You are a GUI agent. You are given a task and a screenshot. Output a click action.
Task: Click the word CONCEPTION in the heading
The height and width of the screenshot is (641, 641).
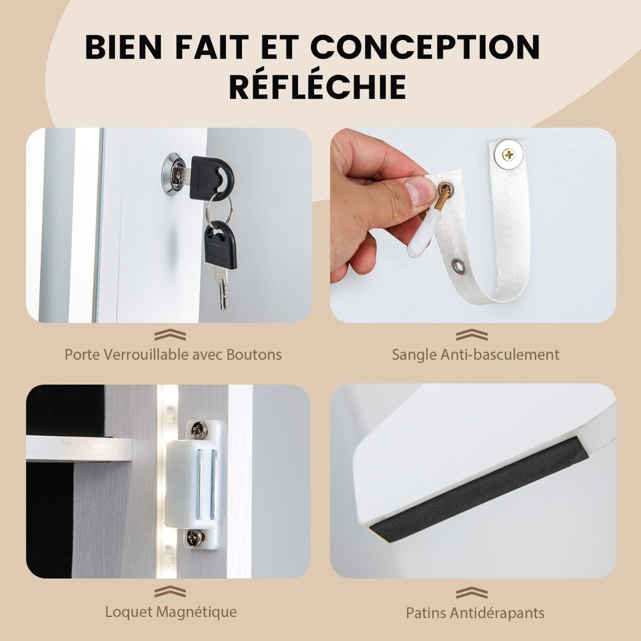(426, 48)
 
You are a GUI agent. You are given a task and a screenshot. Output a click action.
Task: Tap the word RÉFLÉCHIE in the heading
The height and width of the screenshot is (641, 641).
(318, 87)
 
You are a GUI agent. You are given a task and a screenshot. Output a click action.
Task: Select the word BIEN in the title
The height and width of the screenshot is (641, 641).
(128, 48)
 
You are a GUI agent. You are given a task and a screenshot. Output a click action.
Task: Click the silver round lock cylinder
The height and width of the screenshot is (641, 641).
(174, 174)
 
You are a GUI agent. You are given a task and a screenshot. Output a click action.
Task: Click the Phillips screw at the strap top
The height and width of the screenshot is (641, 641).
(509, 154)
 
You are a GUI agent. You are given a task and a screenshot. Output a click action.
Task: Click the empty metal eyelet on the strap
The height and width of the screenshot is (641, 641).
(458, 266)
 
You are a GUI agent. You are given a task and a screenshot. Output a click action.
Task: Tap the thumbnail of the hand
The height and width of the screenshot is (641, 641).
(418, 190)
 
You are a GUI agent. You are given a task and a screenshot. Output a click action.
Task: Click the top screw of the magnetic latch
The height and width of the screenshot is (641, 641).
(199, 431)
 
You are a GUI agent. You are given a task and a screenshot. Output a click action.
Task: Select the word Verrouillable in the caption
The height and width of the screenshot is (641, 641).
(146, 355)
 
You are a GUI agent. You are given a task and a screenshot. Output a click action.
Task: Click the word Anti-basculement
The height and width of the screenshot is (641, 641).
(499, 355)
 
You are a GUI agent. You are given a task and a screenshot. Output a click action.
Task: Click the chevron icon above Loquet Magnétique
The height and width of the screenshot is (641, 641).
(170, 592)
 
